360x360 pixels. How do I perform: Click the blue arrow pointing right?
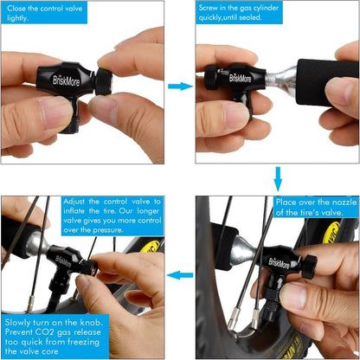click(180, 87)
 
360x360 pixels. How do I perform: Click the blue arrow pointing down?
click(278, 179)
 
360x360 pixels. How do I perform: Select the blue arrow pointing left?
click(180, 275)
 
